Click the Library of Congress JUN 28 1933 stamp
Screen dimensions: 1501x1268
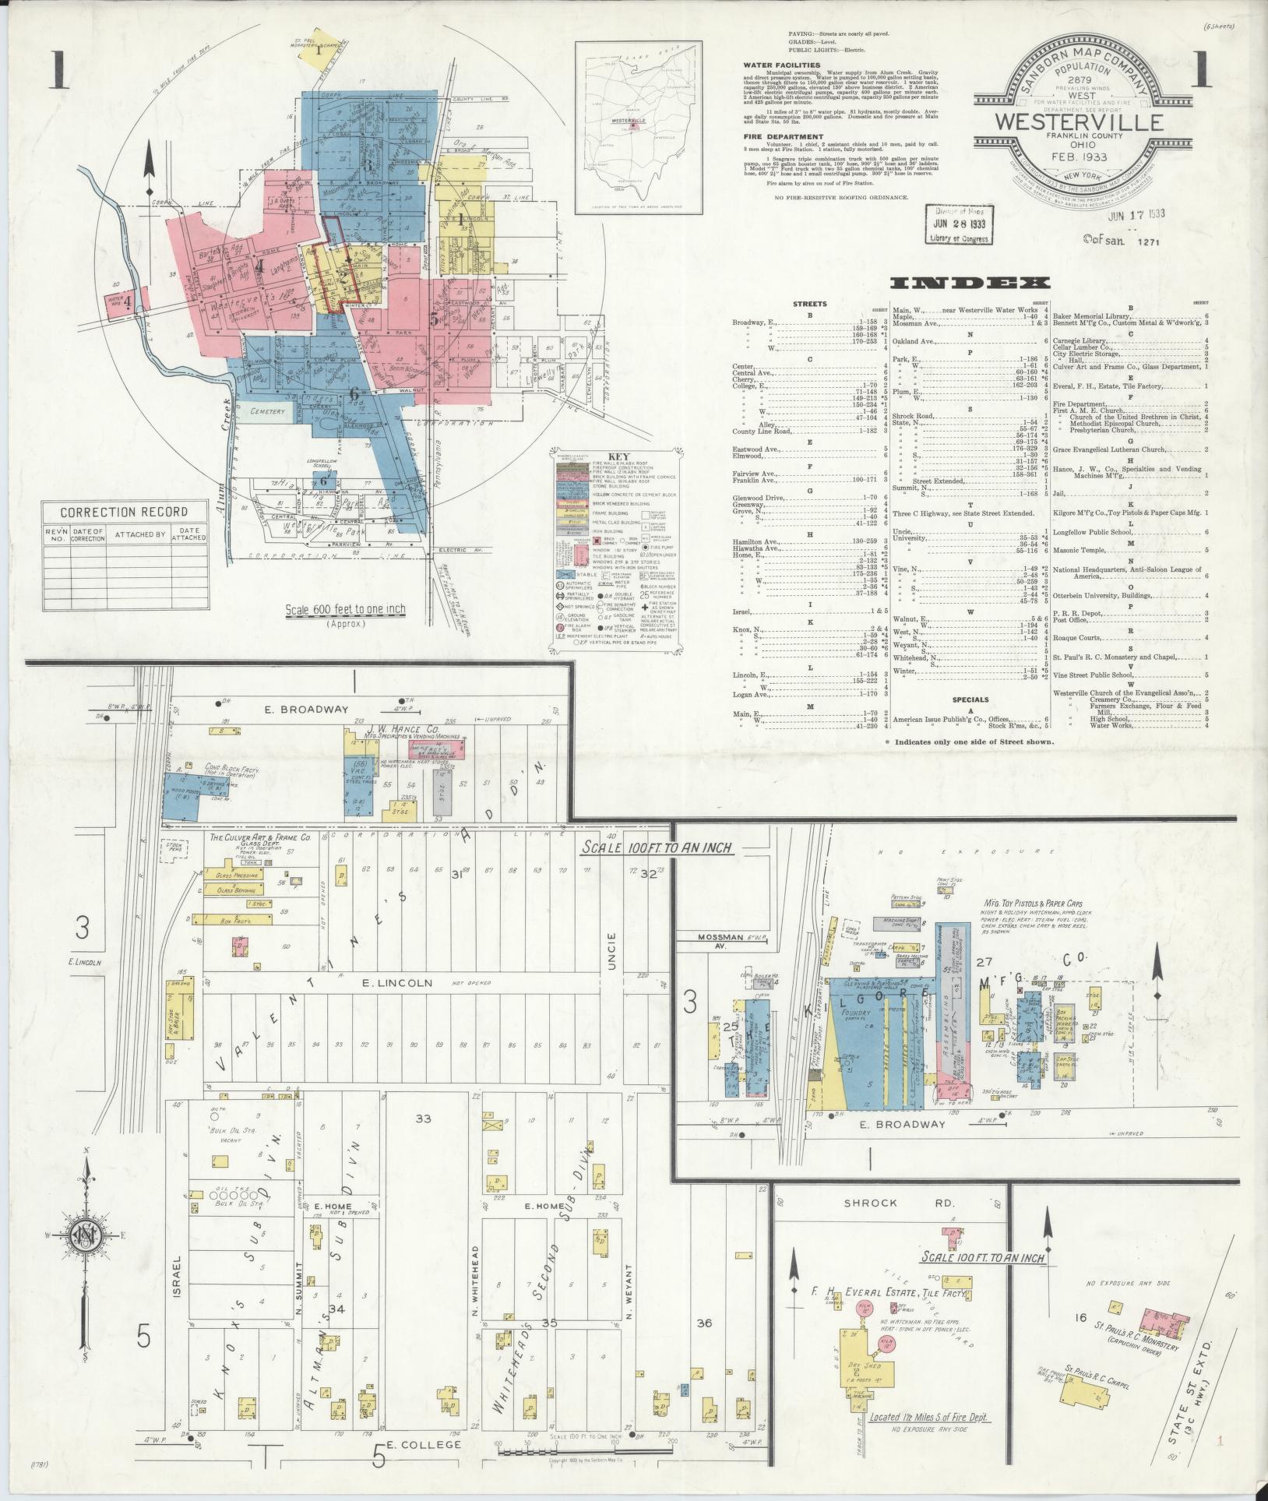958,224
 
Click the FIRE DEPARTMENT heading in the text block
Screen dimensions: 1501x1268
782,136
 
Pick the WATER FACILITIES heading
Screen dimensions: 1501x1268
781,65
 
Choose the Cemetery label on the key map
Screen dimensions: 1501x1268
269,410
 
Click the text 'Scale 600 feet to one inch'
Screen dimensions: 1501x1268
345,610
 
